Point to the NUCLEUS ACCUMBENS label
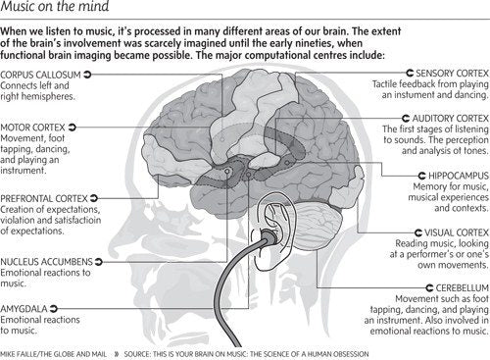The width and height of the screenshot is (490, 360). (47, 262)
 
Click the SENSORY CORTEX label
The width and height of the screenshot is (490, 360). (453, 73)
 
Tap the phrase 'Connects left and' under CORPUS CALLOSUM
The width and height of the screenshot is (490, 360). (37, 84)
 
